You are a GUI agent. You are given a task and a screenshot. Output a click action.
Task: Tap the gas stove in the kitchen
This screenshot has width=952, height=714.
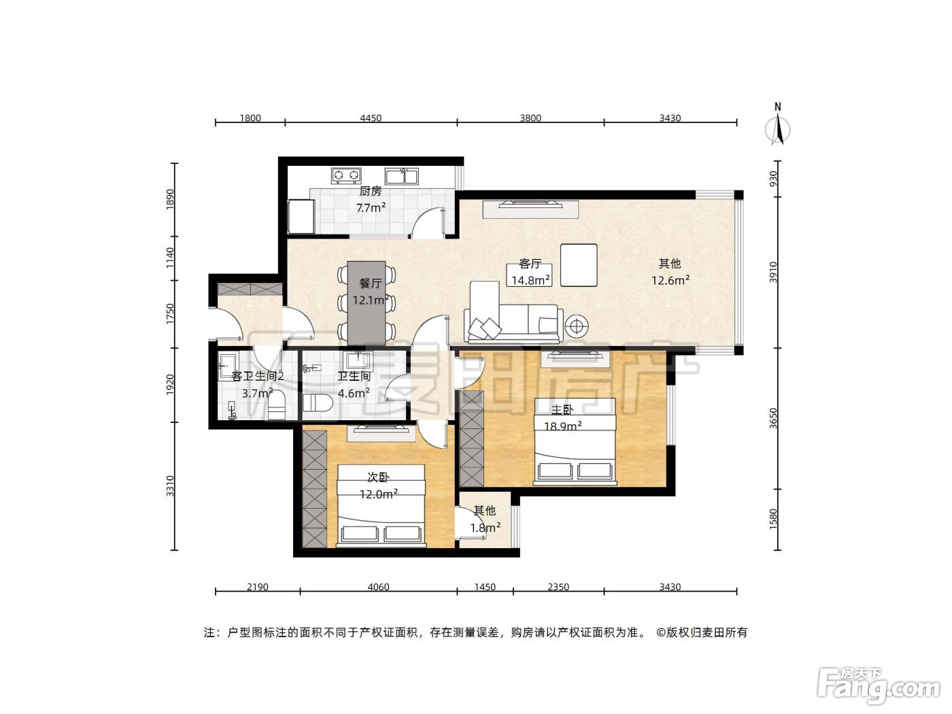(x=346, y=175)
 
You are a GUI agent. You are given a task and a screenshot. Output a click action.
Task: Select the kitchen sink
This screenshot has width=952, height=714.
(x=402, y=176)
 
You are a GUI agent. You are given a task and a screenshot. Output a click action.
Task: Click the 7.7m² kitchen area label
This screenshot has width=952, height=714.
(x=371, y=208)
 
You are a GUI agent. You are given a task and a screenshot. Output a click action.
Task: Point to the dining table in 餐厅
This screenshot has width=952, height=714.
(x=367, y=303)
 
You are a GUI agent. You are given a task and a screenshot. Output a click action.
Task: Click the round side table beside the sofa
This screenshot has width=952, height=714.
(x=577, y=325)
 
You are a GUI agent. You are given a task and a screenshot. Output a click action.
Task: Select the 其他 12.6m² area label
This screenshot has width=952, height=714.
(x=670, y=272)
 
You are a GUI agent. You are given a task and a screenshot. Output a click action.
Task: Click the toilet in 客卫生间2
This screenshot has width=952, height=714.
(x=277, y=405)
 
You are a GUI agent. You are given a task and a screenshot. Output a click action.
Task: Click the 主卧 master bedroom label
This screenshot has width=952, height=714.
(x=562, y=409)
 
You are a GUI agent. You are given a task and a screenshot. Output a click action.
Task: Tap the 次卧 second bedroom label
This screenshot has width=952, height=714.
(x=378, y=477)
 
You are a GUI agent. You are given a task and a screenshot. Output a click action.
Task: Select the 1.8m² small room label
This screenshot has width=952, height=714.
(x=486, y=528)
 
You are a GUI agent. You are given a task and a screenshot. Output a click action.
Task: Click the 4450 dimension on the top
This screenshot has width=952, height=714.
(x=371, y=118)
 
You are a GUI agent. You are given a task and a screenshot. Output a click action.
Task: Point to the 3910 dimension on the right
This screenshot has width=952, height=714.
(x=773, y=272)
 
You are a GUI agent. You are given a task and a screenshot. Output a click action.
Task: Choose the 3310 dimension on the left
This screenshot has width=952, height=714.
(x=169, y=486)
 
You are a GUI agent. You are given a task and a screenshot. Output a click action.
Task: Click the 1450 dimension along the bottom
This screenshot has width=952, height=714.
(x=485, y=587)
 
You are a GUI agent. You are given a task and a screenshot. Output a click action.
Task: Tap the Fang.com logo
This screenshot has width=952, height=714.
(x=879, y=687)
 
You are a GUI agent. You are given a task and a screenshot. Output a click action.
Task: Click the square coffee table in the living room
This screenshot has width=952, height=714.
(x=579, y=265)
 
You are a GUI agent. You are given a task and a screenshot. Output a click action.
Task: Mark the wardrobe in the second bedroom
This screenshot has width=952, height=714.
(x=315, y=489)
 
